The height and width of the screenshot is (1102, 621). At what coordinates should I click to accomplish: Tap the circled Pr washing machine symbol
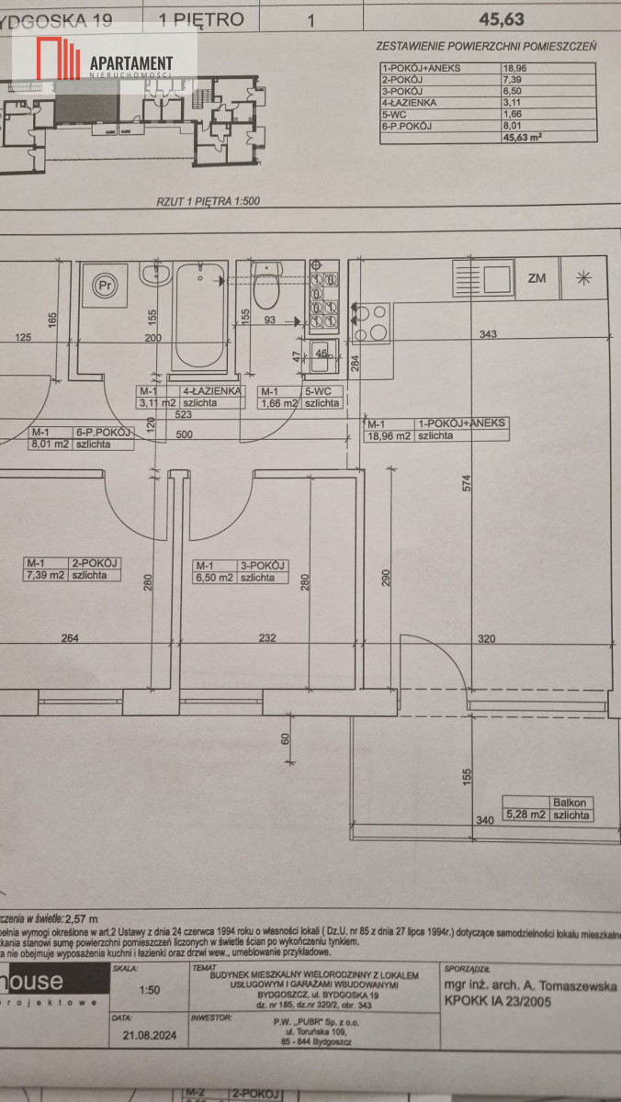[x=106, y=286]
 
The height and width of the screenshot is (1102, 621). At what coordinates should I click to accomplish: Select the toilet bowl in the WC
[x=266, y=291]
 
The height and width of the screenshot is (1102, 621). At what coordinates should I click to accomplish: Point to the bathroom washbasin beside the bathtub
[x=153, y=275]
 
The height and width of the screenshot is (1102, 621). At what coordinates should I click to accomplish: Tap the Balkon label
[x=570, y=802]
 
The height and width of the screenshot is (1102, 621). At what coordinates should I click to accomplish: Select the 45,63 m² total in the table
[x=521, y=137]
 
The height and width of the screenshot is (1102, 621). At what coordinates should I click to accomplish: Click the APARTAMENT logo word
[x=144, y=61]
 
